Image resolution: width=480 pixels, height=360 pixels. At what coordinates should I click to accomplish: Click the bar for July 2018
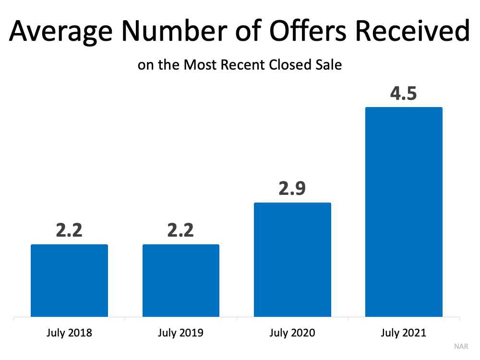click(69, 281)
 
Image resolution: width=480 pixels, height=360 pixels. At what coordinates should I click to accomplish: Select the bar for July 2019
click(181, 281)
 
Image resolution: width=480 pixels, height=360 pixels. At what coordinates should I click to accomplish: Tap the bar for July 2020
click(292, 260)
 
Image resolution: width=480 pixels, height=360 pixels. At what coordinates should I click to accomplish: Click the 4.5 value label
click(404, 93)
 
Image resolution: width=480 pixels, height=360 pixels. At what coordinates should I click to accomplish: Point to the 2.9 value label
click(292, 188)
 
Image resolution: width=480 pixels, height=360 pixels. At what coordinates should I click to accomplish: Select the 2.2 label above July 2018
click(69, 230)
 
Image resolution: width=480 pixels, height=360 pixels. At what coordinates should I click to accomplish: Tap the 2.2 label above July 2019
click(181, 230)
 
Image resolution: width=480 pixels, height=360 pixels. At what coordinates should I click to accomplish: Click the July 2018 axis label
click(69, 333)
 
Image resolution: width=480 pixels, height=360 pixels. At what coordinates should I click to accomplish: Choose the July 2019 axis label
click(181, 333)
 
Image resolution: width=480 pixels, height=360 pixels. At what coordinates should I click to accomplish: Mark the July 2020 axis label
click(292, 333)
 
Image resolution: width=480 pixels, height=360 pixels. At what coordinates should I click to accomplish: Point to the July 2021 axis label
click(404, 333)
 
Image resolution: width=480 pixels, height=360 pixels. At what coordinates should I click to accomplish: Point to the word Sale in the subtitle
click(328, 64)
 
